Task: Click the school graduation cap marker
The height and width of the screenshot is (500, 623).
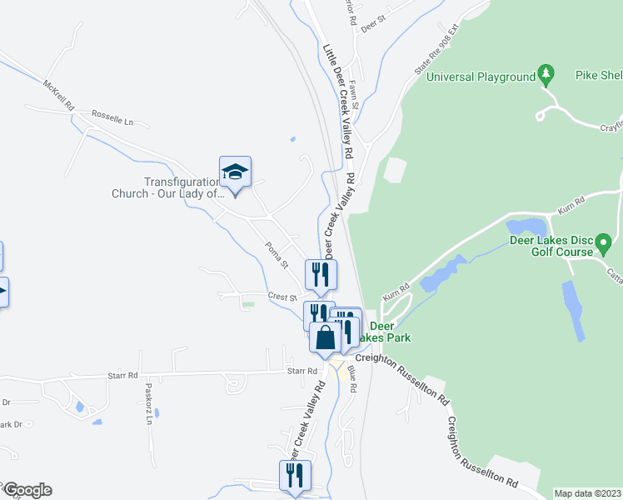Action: tap(235, 172)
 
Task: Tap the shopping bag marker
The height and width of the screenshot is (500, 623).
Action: tap(326, 337)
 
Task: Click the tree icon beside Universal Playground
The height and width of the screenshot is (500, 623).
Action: tap(546, 76)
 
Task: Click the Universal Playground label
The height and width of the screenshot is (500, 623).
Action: tap(481, 77)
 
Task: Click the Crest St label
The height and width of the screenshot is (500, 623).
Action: tap(282, 297)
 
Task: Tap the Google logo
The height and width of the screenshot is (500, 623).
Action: tap(27, 490)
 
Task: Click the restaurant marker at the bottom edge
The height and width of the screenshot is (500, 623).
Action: tap(295, 476)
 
